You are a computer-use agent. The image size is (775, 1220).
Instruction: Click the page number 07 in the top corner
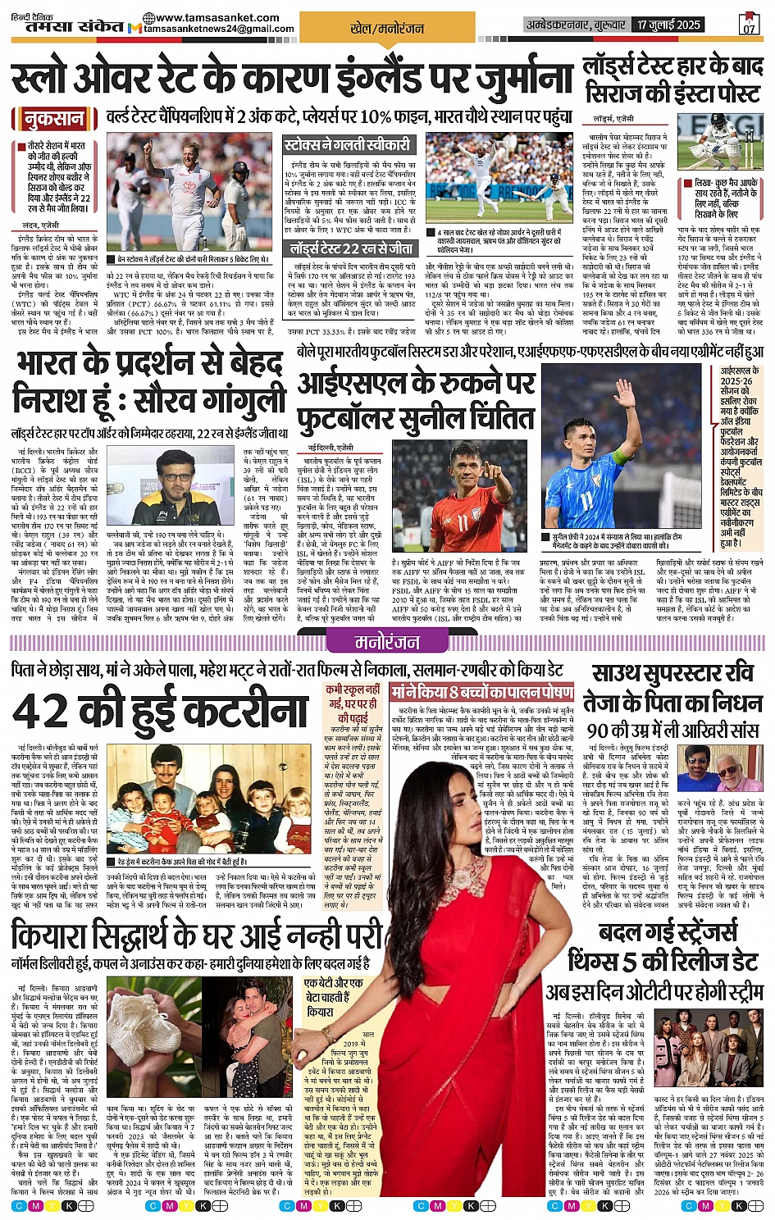(749, 25)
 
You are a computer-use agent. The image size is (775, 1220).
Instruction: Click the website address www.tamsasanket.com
(217, 17)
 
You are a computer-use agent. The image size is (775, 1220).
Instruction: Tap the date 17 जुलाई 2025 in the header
(668, 25)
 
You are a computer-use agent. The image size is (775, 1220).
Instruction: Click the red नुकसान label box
(54, 119)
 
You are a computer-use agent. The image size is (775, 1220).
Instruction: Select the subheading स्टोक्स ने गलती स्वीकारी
(347, 145)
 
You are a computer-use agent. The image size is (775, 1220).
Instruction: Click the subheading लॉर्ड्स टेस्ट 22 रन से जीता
(350, 248)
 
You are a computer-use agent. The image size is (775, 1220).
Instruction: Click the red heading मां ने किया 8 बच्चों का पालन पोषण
(481, 690)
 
